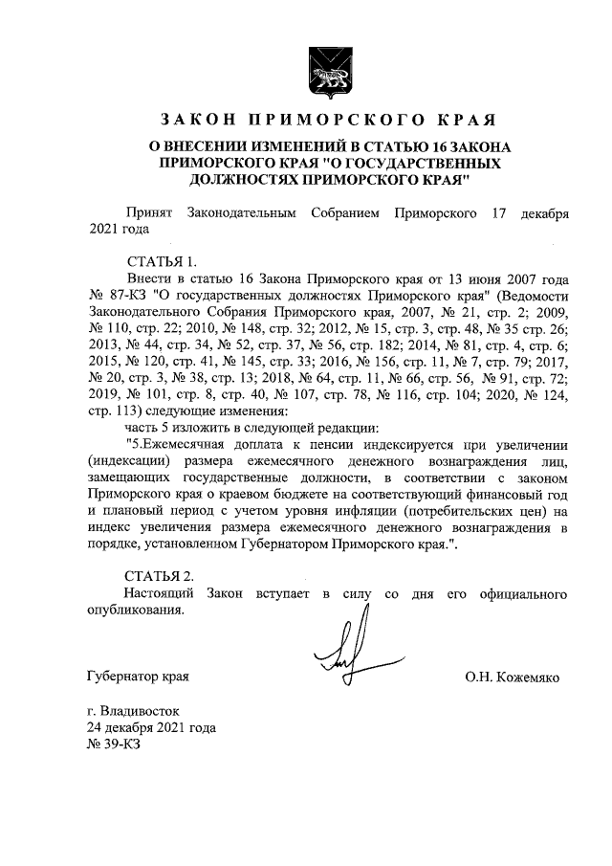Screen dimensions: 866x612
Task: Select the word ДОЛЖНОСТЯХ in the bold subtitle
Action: pos(239,178)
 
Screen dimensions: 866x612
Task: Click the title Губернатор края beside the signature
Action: pos(138,677)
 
